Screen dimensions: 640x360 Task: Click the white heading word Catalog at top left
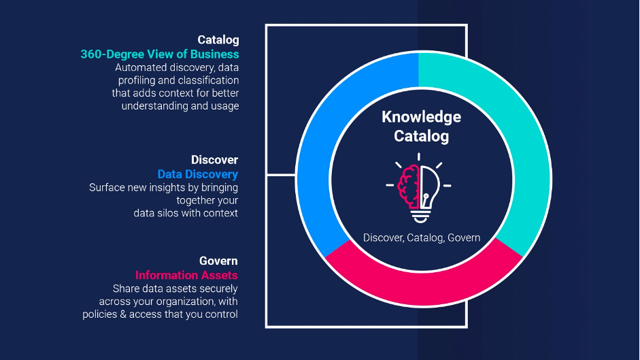(218, 40)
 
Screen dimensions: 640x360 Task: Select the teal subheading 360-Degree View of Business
(160, 54)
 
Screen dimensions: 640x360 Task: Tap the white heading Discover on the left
(214, 160)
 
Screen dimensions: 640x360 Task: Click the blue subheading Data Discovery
(198, 174)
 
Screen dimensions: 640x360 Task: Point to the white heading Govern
(218, 261)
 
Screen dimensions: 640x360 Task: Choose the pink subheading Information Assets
(186, 275)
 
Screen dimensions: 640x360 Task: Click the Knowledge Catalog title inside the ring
(421, 127)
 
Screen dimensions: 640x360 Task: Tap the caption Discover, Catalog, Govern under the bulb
(422, 238)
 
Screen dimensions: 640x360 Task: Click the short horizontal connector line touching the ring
(281, 176)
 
